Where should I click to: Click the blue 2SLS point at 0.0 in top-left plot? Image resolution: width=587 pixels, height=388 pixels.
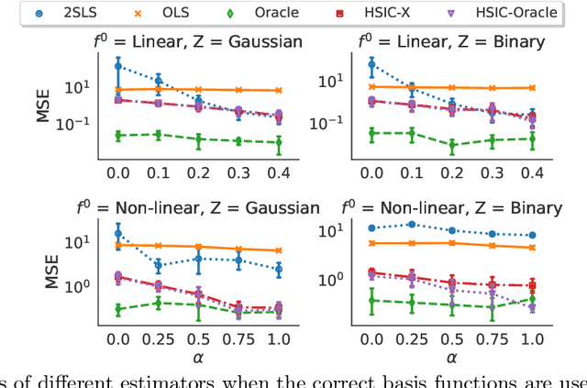(117, 65)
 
